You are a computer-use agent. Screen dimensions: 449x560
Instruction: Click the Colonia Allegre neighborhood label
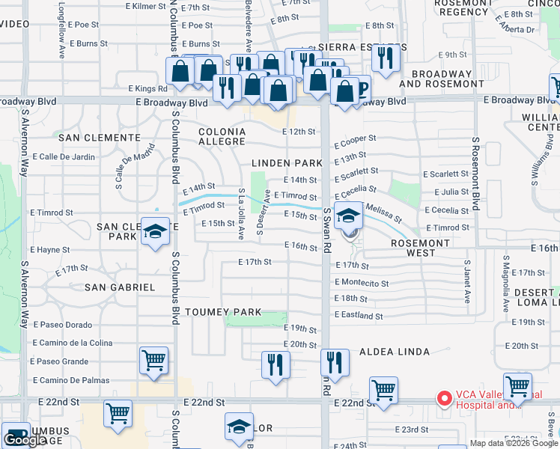[222, 136]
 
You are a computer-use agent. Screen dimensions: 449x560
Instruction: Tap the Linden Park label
[287, 162]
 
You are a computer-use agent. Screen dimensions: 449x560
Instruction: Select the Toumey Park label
[223, 312]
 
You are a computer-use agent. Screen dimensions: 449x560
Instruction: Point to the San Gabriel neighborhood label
[120, 287]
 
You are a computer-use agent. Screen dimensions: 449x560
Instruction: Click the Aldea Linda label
[395, 352]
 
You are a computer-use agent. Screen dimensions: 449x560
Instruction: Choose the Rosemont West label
[421, 248]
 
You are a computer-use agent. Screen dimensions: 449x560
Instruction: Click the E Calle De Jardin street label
[64, 156]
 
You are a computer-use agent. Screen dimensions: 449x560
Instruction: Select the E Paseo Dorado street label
[62, 325]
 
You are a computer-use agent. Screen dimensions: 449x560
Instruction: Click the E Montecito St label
[362, 283]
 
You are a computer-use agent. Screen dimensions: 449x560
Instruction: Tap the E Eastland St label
[359, 317]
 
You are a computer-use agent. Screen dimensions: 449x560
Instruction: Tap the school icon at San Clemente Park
[156, 233]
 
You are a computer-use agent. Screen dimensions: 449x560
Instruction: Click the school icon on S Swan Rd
[348, 216]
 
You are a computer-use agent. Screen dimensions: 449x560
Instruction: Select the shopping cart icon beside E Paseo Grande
[154, 360]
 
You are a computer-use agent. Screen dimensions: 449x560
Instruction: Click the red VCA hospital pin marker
[444, 398]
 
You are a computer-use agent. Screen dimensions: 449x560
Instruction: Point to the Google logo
[25, 441]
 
